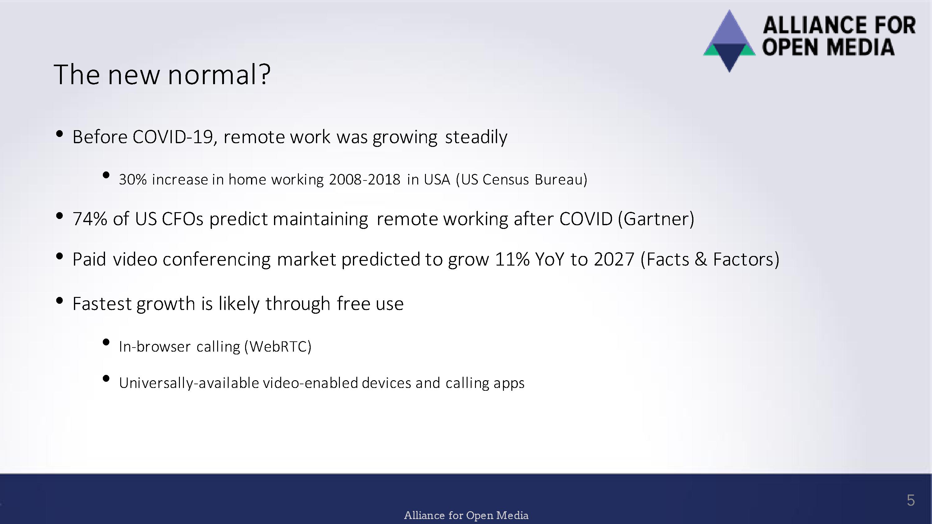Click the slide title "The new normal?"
(162, 74)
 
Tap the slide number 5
(911, 500)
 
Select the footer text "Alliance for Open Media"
(466, 515)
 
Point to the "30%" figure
(133, 179)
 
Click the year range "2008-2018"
(365, 179)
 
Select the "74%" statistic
(90, 219)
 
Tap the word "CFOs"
(183, 219)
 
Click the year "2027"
(614, 259)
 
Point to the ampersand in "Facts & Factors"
(701, 259)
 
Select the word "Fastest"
(102, 303)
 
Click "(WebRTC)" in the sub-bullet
(278, 346)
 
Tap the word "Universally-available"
(189, 383)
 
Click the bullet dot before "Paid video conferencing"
(60, 256)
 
